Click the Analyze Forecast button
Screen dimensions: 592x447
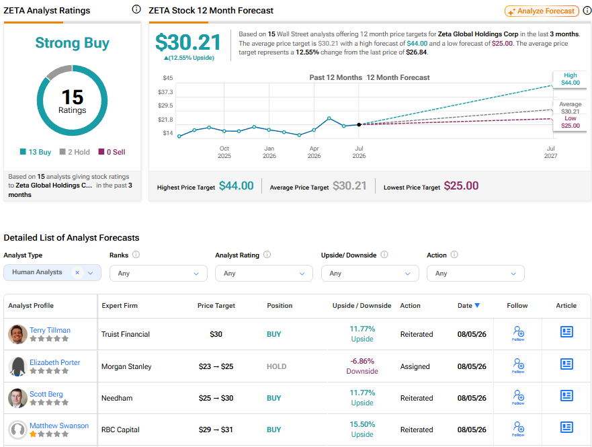click(542, 11)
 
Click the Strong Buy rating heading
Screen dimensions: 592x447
click(72, 42)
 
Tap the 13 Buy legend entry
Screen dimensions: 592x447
click(36, 152)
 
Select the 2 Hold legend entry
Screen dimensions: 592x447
click(75, 152)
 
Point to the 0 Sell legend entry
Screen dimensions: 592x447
click(112, 152)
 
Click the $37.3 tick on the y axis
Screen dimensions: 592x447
click(165, 91)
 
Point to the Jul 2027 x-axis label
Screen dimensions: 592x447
click(550, 152)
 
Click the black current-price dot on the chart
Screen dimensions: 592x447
click(359, 124)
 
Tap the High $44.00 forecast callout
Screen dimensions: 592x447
click(570, 79)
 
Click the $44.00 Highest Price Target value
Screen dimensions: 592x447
click(237, 186)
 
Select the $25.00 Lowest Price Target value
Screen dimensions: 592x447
click(461, 186)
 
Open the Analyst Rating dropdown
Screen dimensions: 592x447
click(264, 274)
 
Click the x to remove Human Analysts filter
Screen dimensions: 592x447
click(77, 272)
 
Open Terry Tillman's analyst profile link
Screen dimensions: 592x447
click(50, 330)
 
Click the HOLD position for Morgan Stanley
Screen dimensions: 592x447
click(276, 366)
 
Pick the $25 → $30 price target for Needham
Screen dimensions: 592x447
click(216, 398)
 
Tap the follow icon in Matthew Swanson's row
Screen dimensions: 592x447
click(518, 429)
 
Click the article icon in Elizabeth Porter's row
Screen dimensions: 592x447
click(566, 364)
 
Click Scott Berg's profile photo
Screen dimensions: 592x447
click(17, 398)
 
